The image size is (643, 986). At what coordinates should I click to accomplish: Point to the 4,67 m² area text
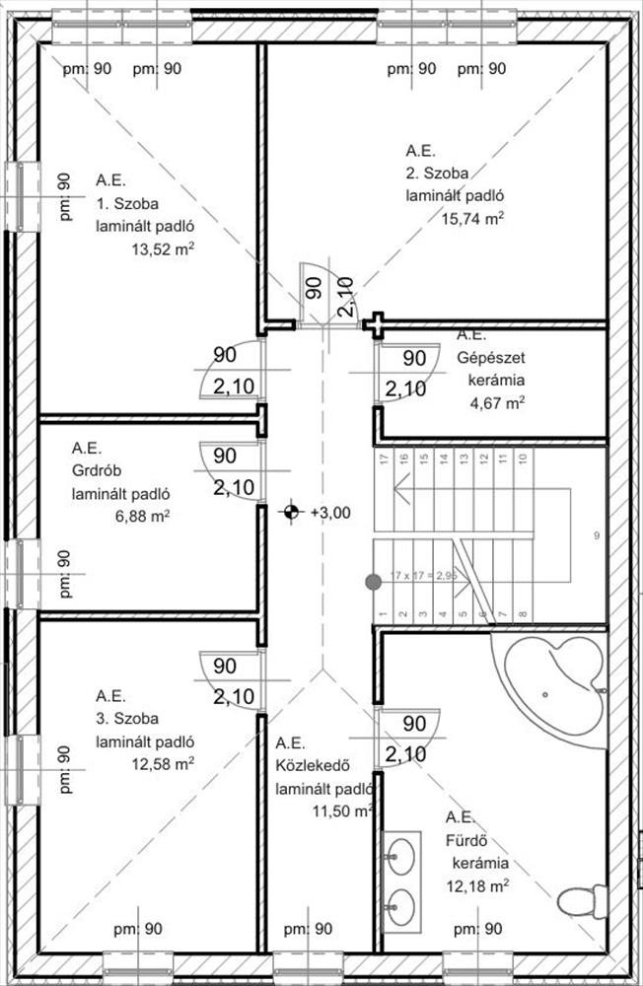496,401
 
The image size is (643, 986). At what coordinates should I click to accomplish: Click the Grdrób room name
95,469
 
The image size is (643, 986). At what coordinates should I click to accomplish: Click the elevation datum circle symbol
291,512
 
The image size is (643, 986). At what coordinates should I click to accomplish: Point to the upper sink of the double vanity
399,857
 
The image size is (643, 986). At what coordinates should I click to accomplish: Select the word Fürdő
467,841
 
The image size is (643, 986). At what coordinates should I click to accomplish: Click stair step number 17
383,458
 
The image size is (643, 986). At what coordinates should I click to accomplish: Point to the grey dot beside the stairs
374,583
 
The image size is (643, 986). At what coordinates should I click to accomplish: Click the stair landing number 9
597,535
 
